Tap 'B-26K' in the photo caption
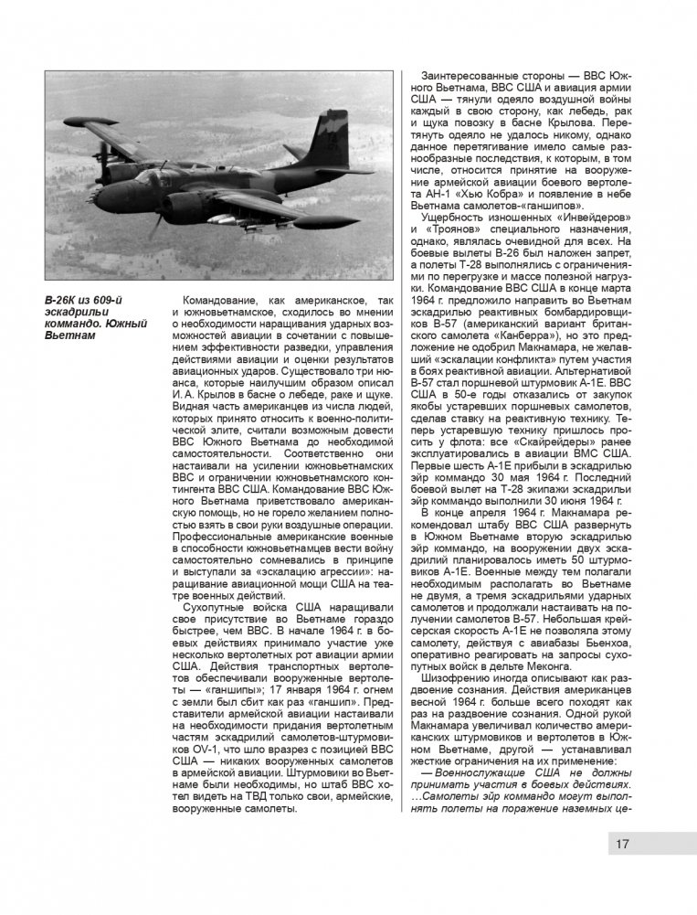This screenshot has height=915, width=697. (63, 302)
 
